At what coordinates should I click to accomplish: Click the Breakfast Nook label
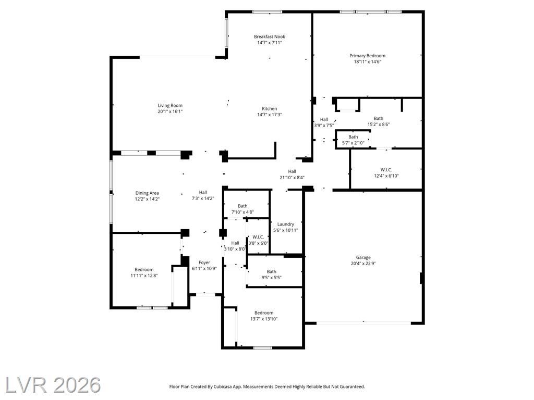270,37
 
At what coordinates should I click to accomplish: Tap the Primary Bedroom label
368,56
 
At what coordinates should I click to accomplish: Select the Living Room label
170,106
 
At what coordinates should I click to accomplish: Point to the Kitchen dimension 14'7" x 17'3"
270,115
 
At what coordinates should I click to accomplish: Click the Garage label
363,257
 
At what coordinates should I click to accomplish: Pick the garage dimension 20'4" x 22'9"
363,263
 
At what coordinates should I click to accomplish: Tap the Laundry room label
285,224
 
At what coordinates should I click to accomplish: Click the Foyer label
204,262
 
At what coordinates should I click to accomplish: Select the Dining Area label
147,193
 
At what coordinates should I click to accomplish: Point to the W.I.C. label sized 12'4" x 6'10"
386,170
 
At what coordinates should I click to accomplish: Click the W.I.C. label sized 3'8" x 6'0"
258,237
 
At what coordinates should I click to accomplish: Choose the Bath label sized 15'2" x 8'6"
379,118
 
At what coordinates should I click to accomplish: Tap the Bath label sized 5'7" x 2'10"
353,137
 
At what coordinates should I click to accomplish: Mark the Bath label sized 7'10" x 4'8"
242,206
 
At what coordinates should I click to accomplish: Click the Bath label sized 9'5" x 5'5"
271,272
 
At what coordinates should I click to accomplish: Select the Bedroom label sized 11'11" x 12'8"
144,270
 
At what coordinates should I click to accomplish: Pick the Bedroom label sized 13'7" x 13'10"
264,313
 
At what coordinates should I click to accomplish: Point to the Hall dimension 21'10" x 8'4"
292,178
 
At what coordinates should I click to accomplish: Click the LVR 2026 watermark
53,385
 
